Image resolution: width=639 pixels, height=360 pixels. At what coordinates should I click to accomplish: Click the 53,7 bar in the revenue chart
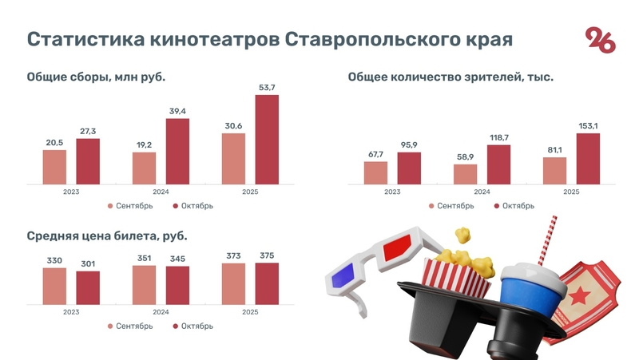pos(268,140)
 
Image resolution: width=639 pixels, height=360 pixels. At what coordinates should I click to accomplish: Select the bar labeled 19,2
pos(144,168)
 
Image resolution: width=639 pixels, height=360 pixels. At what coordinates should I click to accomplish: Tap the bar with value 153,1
pos(588,158)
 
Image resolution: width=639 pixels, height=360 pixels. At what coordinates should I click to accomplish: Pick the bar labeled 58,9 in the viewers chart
pos(465,174)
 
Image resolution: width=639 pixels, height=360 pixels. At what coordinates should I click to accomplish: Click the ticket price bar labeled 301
pos(88,287)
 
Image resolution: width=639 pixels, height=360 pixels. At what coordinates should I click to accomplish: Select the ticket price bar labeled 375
pos(268,283)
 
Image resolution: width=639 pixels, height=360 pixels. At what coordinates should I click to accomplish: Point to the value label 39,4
pos(177,111)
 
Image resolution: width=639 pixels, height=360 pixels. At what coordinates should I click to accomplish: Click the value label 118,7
pos(498,138)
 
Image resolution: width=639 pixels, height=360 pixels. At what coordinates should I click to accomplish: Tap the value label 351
pos(144,258)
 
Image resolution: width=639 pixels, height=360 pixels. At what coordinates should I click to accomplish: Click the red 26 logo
pos(601,39)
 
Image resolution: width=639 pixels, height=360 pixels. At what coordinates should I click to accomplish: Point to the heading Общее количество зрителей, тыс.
pos(450,77)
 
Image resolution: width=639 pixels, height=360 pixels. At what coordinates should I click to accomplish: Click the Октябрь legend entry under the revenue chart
pos(192,206)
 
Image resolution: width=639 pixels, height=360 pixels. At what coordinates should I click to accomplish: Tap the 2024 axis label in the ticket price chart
pos(161,312)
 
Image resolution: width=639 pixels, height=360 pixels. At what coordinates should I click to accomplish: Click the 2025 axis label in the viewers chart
pos(570,192)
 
